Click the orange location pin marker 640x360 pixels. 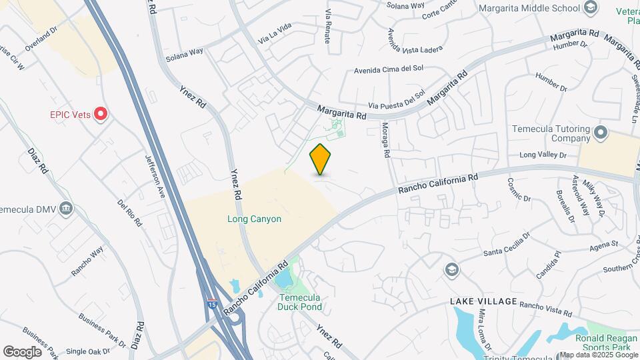pos(321,160)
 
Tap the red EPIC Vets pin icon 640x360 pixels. pos(101,114)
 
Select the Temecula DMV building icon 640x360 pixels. pos(65,208)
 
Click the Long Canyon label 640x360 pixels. pos(254,219)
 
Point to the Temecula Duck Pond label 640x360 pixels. pos(300,302)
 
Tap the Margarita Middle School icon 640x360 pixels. pos(589,8)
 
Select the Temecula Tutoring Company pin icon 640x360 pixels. pos(601,133)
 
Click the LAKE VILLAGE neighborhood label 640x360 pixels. pos(483,301)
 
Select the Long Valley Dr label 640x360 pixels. pos(543,155)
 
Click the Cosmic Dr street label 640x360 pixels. pos(518,189)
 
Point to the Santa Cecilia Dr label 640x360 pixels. pos(507,247)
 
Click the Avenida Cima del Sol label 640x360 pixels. pos(389,69)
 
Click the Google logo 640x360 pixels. pos(22,351)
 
